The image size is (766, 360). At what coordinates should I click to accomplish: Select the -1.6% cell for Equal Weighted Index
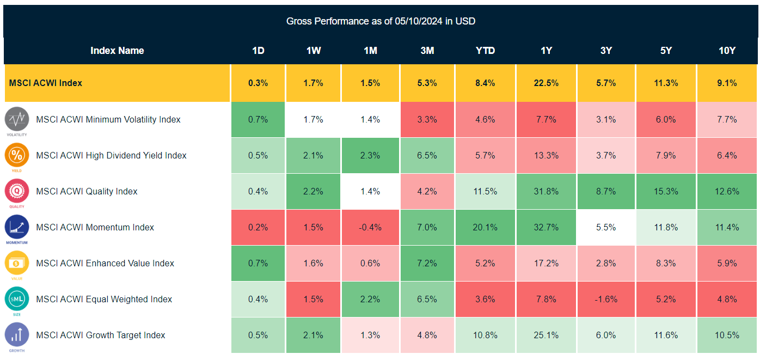point(606,299)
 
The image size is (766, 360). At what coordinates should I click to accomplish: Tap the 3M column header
point(427,51)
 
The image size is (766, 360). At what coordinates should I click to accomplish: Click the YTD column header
point(485,51)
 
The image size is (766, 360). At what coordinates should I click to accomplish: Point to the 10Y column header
point(727,51)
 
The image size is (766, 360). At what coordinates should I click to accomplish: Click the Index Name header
point(117,51)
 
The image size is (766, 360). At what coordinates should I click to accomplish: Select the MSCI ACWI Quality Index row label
point(87,191)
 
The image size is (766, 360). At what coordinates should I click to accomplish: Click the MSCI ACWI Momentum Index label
point(95,227)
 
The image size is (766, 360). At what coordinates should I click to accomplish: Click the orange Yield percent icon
point(17,155)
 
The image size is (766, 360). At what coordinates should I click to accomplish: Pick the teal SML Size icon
point(17,298)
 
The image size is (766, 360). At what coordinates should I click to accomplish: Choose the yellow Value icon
point(17,263)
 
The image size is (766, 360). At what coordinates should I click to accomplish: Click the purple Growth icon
point(17,334)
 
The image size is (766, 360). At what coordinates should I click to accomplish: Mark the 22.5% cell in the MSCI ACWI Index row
point(546,83)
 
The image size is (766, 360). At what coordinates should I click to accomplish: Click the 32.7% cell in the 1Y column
point(546,227)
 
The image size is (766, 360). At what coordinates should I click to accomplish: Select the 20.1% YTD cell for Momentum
point(485,227)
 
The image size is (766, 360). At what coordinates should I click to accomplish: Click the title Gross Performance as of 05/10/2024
point(381,21)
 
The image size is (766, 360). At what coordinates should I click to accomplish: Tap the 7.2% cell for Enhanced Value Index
point(427,263)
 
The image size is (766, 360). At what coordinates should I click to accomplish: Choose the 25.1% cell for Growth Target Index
point(546,335)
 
